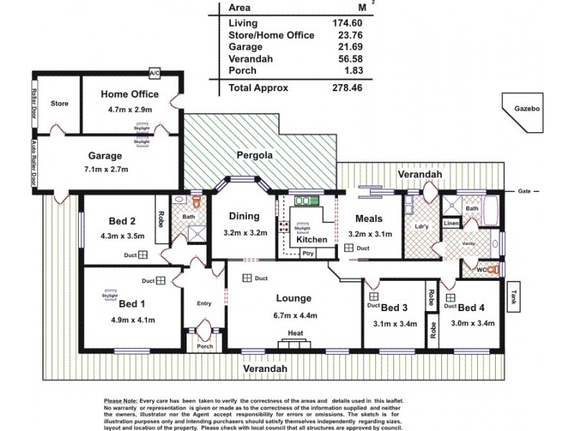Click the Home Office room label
tap(129, 94)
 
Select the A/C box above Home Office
tap(154, 74)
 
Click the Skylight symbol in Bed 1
tap(110, 295)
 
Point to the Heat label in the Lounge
tap(294, 333)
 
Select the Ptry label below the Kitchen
tap(308, 253)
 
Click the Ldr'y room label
tap(421, 228)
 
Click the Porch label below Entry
tap(204, 346)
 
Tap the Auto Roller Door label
tap(34, 163)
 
